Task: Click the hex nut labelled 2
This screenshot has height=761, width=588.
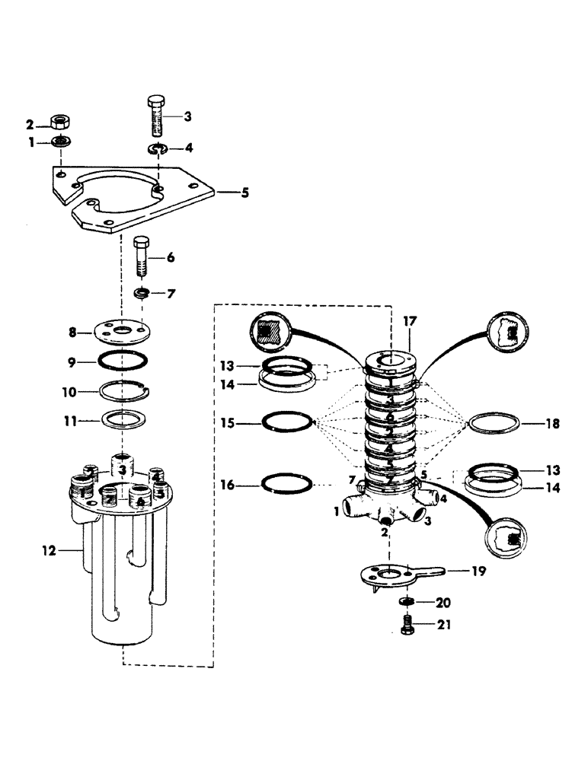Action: pyautogui.click(x=59, y=123)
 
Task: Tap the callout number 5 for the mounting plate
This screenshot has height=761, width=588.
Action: pyautogui.click(x=244, y=193)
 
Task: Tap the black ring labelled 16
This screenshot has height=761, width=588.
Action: pyautogui.click(x=286, y=482)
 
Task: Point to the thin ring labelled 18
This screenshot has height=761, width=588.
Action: pyautogui.click(x=495, y=422)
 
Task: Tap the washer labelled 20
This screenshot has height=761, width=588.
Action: pyautogui.click(x=407, y=602)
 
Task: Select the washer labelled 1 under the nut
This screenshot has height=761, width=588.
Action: pyautogui.click(x=59, y=142)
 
